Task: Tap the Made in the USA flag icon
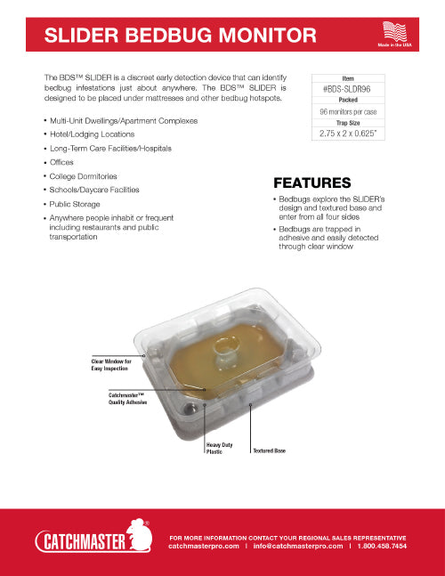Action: pyautogui.click(x=395, y=29)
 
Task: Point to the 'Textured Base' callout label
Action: pyautogui.click(x=271, y=450)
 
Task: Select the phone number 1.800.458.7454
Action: pyautogui.click(x=384, y=547)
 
